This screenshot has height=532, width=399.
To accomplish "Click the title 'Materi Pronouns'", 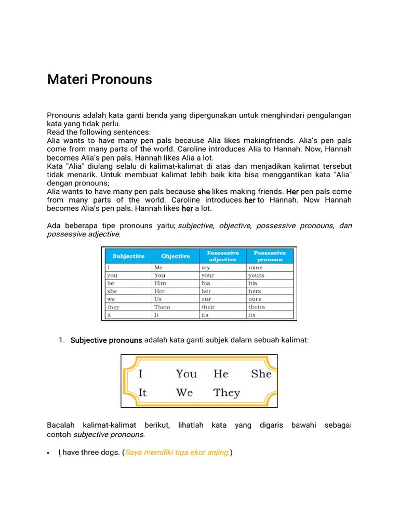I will tap(99, 79).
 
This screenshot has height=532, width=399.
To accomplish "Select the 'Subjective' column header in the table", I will tap(128, 256).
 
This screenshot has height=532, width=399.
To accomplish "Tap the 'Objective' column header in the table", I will tap(175, 256).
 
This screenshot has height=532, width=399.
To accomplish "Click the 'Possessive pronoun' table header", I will tap(269, 256).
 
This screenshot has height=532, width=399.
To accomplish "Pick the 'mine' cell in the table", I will tap(255, 268).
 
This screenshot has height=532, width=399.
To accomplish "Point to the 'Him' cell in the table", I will tap(160, 283).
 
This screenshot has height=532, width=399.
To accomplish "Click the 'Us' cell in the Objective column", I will tap(158, 299).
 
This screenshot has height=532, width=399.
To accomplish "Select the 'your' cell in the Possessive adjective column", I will tap(208, 275).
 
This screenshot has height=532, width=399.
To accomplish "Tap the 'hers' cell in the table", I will tap(255, 291).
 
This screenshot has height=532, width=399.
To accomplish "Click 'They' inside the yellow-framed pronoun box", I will tap(227, 393).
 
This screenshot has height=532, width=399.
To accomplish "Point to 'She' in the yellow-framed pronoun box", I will tap(261, 374).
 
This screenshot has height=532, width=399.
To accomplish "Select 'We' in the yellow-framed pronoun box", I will tap(184, 393).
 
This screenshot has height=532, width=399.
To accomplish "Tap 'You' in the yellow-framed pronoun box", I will tap(186, 374).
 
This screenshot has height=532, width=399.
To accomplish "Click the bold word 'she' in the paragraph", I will tap(204, 192).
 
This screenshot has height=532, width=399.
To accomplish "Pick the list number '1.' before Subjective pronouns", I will tap(61, 340).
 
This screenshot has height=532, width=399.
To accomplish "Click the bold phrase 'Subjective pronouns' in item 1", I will tap(106, 340).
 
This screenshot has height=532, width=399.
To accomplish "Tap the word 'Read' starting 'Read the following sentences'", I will tap(56, 132).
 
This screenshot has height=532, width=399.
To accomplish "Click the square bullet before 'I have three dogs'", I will tap(48, 453).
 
